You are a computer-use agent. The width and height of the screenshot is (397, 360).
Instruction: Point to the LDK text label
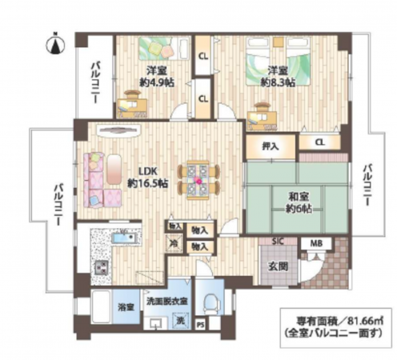[x=149, y=170]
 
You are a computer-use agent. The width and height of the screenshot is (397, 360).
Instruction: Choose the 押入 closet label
[x=271, y=146]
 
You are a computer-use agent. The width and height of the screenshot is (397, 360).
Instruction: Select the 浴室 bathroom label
[x=126, y=306]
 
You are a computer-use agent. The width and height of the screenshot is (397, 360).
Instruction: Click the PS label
[x=200, y=324]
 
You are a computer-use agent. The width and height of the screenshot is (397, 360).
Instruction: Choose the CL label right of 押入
[x=319, y=142]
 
